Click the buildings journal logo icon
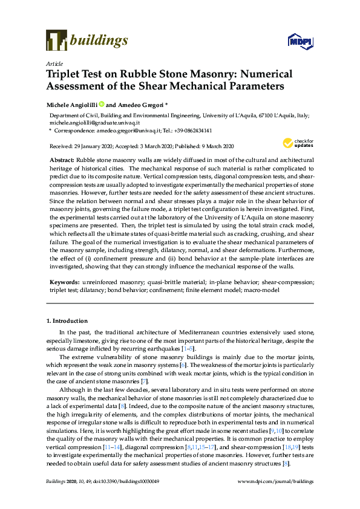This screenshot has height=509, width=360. click(56, 41)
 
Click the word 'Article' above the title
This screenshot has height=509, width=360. click(53, 63)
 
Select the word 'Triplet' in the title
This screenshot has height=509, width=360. click(64, 74)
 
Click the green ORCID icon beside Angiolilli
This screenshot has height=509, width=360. click(102, 104)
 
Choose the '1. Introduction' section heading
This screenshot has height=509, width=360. click(66, 320)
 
